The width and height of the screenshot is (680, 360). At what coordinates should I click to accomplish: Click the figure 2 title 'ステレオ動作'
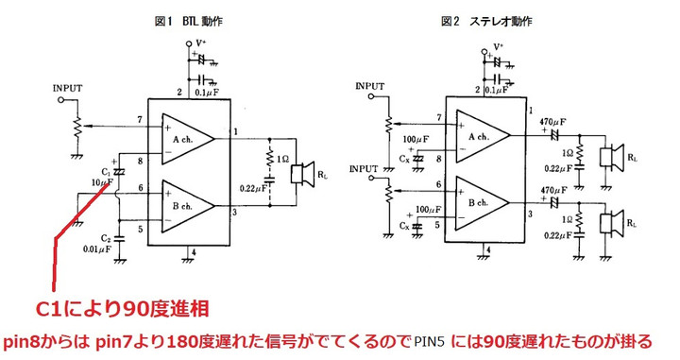coord(501,20)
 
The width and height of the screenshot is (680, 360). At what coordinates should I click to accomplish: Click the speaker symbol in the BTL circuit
coord(302,174)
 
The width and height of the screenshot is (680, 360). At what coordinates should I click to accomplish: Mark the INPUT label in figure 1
coord(68,88)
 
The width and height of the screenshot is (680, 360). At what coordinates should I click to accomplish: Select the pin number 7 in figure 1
coord(140,119)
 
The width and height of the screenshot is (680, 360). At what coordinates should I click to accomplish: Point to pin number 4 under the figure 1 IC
coord(192,252)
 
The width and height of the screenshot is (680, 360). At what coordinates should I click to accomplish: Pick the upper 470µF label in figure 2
coord(552,121)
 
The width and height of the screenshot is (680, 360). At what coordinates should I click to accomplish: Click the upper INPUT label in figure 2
coord(371,86)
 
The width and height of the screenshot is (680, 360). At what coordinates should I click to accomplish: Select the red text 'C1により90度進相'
coord(121,309)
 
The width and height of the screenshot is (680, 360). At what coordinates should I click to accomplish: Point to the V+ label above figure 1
coord(201,43)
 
